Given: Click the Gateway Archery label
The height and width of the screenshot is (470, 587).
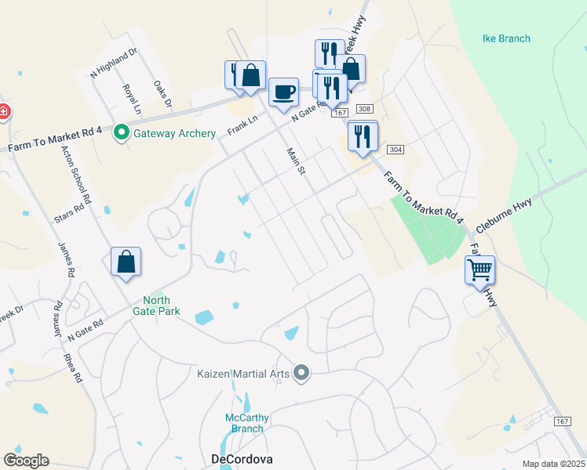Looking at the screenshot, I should point(174,133).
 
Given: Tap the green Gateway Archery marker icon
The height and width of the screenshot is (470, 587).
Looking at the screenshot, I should point(121,133).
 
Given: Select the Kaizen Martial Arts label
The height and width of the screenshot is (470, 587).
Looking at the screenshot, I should point(242,374).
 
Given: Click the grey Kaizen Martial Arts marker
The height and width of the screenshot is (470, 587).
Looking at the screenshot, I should point(301,373).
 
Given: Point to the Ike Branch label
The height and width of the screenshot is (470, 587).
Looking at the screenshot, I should point(505,38).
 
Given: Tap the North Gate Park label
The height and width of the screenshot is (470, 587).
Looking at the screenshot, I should point(162,305).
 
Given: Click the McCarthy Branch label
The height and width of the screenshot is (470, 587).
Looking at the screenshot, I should point(245,423).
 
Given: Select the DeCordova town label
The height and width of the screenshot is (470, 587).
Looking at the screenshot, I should point(242,459).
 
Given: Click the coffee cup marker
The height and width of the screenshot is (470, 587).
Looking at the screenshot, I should point(283,92).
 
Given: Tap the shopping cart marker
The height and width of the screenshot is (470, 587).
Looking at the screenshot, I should point(479,270).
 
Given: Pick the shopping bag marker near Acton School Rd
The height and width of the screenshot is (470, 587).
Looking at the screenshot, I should point(126,262).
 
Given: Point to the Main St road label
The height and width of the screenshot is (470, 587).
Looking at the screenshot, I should point(295,162).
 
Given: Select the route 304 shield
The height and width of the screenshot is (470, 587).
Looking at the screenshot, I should point(396,150).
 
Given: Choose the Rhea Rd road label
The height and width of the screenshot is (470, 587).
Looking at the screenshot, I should point(73,365).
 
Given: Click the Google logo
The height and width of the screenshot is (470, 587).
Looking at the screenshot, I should point(26,461).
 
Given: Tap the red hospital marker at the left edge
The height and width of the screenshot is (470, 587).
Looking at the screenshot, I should point(3,112).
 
